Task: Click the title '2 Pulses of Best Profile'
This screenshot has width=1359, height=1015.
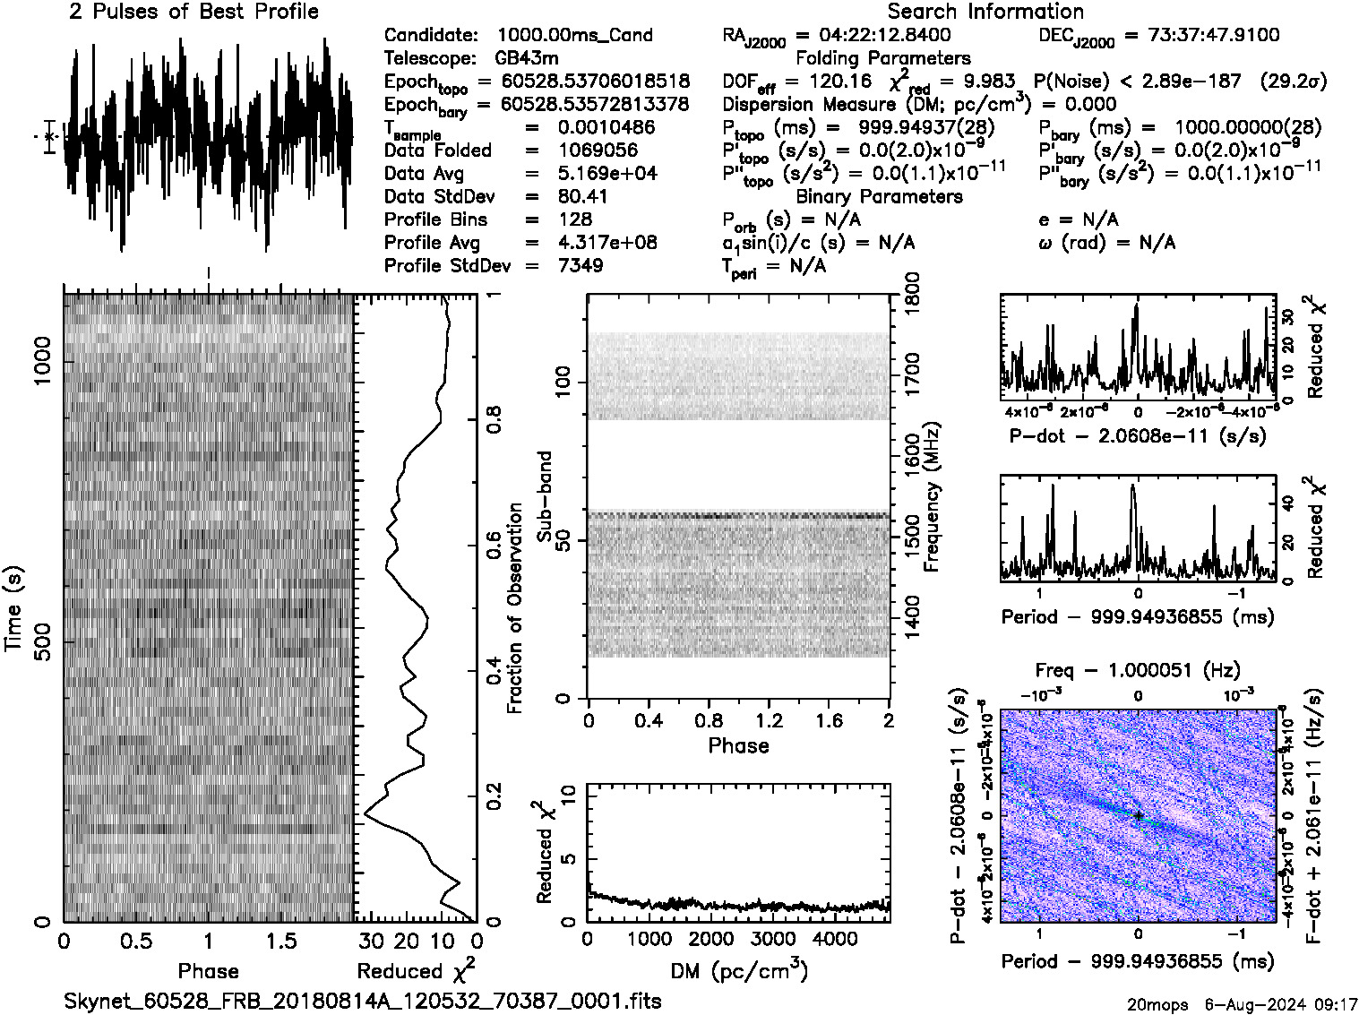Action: coord(194,12)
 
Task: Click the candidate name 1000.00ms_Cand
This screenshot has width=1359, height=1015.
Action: coord(574,36)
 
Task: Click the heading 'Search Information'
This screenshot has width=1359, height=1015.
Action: coord(985,12)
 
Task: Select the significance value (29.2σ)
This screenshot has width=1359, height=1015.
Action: coord(1293,82)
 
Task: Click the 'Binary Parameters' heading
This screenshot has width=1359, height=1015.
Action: coord(879,196)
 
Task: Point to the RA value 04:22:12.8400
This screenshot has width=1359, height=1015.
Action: coord(885,36)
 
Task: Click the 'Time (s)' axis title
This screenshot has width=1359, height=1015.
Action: coord(13,608)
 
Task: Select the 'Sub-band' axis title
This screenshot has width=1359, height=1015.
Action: coord(544,496)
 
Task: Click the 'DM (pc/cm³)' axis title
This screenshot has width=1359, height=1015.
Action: coord(738,971)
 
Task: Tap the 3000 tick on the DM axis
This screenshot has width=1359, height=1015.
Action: coord(772,939)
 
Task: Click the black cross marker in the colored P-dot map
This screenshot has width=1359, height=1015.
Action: coord(1138,815)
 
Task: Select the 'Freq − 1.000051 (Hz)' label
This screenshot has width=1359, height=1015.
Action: coord(1138,670)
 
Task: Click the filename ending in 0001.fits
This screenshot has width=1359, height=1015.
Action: coord(363,1001)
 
